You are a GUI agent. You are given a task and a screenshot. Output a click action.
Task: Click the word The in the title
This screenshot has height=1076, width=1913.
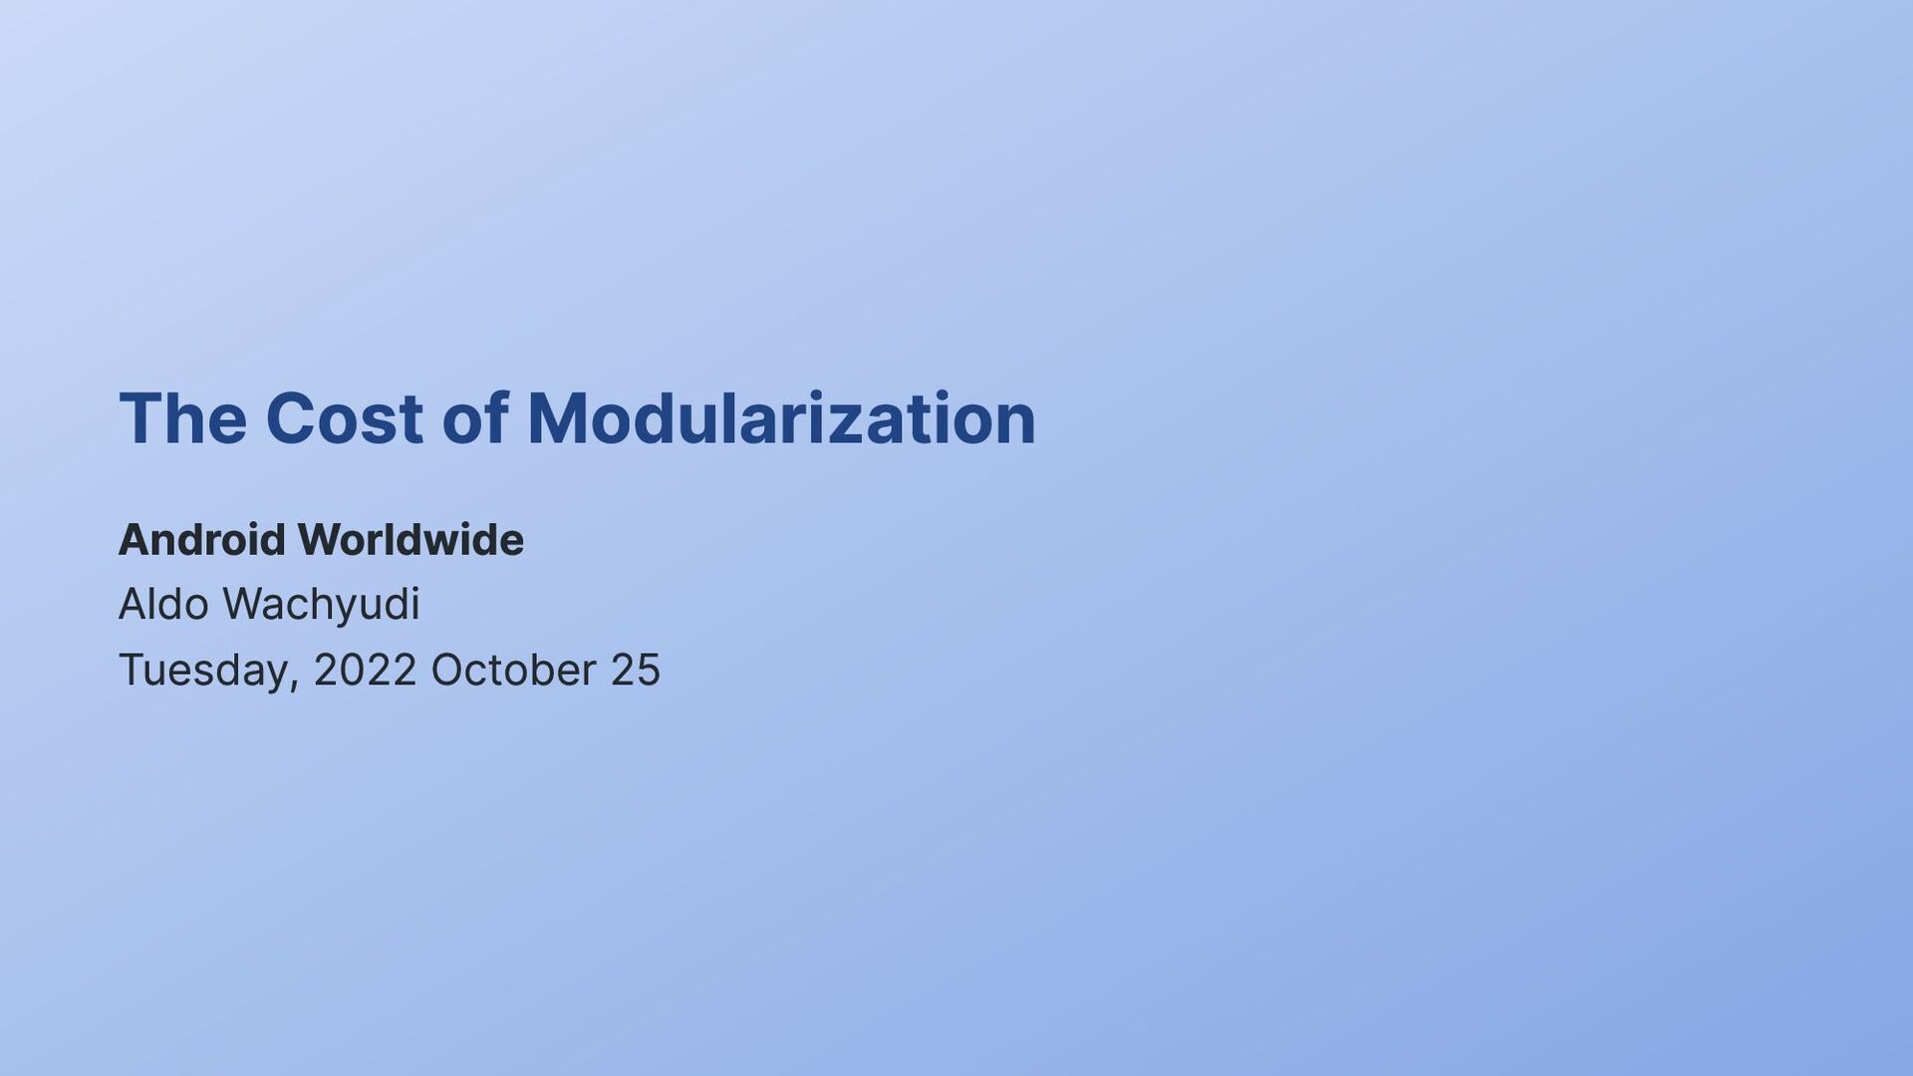182,418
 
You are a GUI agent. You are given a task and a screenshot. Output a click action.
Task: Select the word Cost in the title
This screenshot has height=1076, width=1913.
344,418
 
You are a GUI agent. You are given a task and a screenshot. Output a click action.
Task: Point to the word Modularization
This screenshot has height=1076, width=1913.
781,418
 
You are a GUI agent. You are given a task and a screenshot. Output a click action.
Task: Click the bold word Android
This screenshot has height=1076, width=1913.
202,540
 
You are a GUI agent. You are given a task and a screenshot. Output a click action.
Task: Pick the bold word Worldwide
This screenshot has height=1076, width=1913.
410,540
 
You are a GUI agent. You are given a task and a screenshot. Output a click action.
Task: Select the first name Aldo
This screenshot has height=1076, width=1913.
163,605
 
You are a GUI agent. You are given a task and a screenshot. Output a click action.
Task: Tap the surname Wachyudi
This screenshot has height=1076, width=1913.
321,605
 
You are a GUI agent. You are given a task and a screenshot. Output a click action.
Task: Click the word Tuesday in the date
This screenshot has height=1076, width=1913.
204,670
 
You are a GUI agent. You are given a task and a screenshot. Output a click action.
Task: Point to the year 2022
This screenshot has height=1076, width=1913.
365,670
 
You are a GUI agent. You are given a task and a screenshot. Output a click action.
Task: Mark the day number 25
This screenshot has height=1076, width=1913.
636,670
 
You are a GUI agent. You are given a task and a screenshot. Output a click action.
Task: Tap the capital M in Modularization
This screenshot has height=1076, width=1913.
555,418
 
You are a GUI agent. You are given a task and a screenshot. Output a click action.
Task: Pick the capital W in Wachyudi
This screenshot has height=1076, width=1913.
244,605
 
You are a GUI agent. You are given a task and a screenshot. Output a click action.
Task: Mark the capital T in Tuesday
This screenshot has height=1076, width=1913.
133,670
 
